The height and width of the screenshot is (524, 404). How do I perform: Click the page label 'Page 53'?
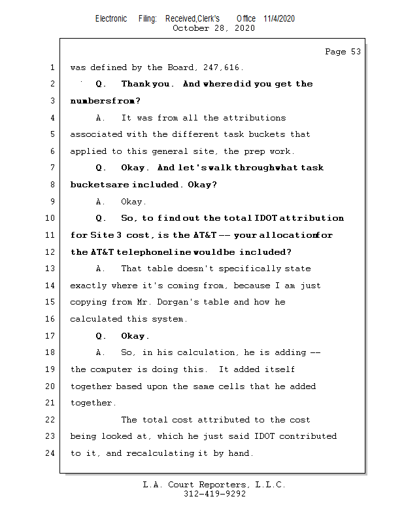343,52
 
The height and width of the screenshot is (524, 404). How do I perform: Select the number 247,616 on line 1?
226,67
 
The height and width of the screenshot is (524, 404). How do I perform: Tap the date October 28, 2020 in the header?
213,28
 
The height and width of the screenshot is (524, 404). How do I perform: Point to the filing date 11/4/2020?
279,18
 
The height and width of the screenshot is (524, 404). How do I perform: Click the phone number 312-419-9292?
214,494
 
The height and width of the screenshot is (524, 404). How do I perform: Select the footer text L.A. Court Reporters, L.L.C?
214,485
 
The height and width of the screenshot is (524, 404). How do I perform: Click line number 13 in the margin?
51,269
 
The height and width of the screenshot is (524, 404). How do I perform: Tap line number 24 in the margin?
51,453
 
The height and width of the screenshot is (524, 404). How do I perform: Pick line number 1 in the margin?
52,67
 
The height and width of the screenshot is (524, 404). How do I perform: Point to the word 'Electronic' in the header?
111,18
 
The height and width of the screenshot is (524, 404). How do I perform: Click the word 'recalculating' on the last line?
146,453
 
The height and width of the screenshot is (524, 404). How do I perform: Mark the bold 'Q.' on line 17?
101,336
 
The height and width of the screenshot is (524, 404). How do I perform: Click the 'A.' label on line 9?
101,202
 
